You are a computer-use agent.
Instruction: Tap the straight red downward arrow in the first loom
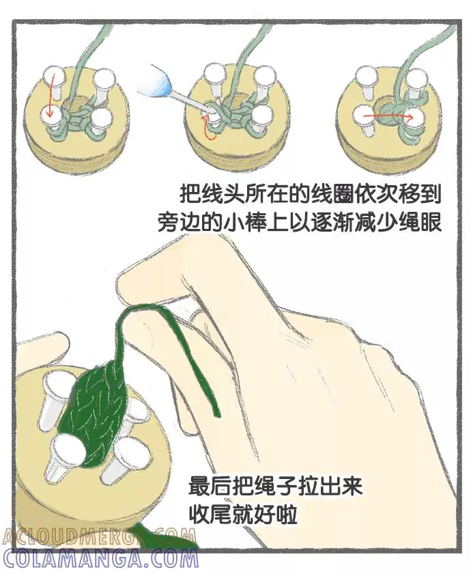[x=51, y=94]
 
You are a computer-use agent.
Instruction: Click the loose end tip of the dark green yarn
[x=218, y=415]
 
